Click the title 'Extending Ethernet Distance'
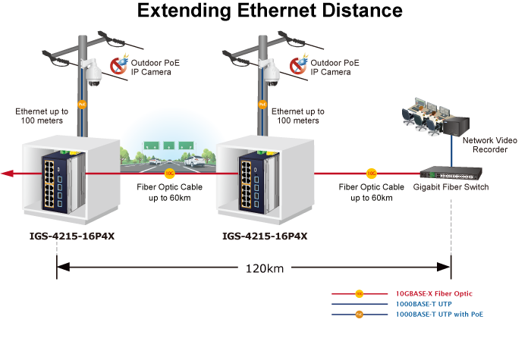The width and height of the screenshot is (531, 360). click(x=270, y=11)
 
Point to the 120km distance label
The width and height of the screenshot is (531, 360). click(x=265, y=268)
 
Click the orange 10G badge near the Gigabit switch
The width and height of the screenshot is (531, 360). click(x=372, y=173)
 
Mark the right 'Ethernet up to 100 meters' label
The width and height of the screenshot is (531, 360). click(x=297, y=115)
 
